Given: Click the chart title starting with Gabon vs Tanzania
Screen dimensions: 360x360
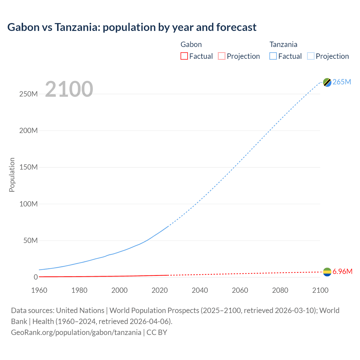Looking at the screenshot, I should coord(132,27).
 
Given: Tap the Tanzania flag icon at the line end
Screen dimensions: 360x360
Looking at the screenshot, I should coord(327,82).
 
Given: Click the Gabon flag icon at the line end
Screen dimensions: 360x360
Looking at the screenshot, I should coord(327,272).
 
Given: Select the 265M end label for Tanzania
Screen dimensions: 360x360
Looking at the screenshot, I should coord(342,82).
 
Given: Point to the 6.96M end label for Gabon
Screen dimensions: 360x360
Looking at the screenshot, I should coord(342,271).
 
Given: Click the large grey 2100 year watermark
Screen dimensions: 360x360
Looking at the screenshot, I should coord(69,89).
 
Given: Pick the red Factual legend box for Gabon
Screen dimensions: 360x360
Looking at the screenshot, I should coord(184,56).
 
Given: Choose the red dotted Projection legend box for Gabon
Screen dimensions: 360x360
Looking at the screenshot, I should coord(222,56).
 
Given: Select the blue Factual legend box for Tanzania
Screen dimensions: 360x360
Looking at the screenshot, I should coord(273,56).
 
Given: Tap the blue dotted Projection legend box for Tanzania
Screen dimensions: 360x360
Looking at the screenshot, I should coord(310,56).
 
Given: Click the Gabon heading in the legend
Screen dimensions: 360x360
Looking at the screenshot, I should coord(191,44).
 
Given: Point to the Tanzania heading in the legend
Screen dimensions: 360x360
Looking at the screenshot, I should coord(283,44).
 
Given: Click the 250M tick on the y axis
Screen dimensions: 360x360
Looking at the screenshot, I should coord(28,94).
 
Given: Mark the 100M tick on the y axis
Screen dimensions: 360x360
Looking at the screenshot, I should coord(28,204).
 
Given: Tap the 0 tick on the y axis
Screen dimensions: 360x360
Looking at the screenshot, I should coord(35,277).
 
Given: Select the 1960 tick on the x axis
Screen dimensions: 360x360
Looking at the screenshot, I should coord(39,290).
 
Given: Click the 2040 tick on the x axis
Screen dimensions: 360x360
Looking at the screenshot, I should coord(200,290).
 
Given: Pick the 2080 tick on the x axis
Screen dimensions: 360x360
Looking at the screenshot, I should coord(280,290).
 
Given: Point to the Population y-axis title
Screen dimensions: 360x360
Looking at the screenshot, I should coord(12,175).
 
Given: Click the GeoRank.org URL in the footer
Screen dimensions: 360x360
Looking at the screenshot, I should coord(76,332).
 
